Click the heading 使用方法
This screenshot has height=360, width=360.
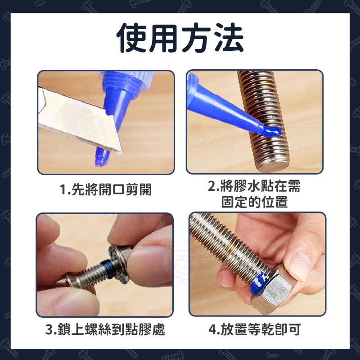point(180,38)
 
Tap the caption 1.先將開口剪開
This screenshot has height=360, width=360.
point(106,190)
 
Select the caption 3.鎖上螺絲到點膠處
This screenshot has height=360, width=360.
point(105,329)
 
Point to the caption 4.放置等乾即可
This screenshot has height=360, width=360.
point(255,329)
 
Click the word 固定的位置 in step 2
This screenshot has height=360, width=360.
point(254,202)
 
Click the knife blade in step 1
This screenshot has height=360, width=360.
point(79,119)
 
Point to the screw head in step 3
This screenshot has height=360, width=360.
point(69,280)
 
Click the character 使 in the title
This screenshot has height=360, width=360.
point(131,38)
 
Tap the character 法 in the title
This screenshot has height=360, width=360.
point(229,38)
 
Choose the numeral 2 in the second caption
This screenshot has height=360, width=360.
point(211,186)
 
